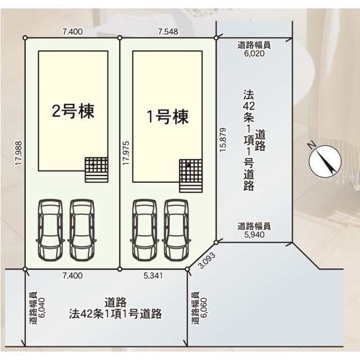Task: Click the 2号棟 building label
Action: point(73,111)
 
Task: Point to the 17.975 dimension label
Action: point(125,153)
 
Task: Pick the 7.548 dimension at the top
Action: point(168,31)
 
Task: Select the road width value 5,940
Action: point(254,236)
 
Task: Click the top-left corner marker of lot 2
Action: point(25,38)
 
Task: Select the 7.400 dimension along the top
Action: point(73,31)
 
